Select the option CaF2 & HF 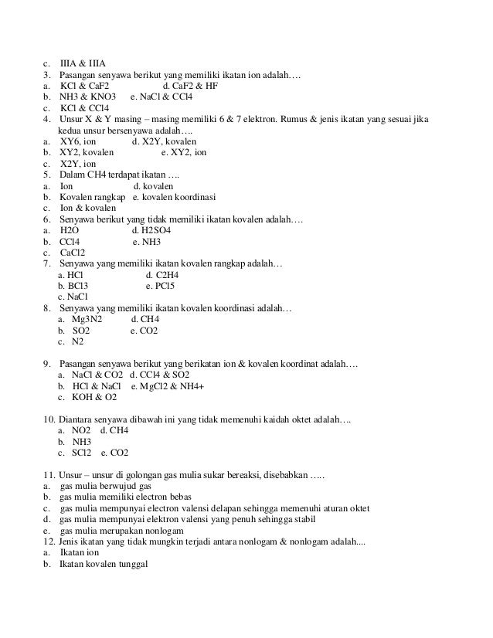click(190, 86)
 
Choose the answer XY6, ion click(83, 142)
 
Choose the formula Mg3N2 click(87, 319)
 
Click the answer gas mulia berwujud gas click(105, 486)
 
